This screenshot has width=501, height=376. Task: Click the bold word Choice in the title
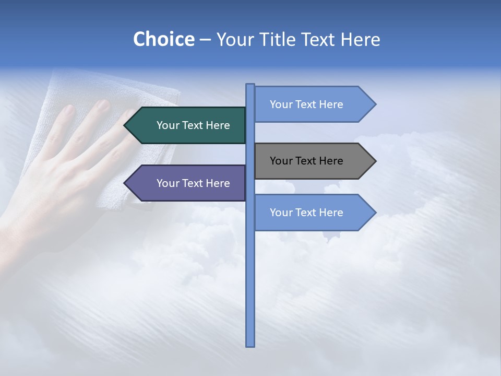tap(163, 39)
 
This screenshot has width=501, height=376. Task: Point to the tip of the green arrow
tap(125, 125)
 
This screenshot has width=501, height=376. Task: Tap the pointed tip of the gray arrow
tap(375, 161)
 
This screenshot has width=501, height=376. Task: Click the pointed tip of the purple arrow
tap(125, 183)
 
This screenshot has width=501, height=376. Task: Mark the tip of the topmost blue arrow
tap(375, 104)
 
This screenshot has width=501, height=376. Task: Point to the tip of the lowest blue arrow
tap(375, 213)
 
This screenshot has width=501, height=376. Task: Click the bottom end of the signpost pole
tap(250, 345)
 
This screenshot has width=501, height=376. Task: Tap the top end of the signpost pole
tap(250, 85)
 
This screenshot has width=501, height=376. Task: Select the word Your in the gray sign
tap(280, 161)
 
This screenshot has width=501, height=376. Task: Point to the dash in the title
tap(205, 40)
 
